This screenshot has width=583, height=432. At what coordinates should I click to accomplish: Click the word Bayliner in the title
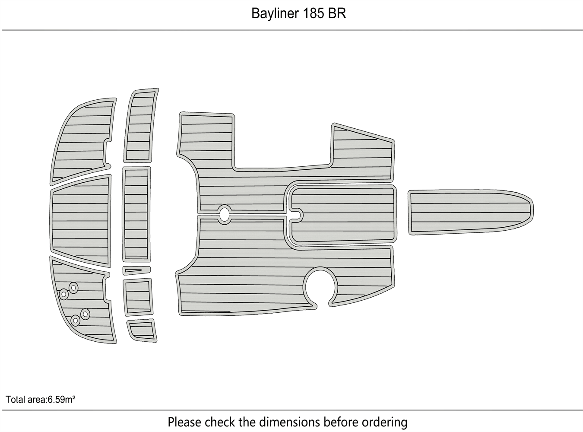(273, 14)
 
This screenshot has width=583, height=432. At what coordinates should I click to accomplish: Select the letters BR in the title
(337, 14)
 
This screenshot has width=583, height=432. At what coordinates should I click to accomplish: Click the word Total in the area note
(16, 400)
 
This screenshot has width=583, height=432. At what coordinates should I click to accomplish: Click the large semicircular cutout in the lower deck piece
(320, 285)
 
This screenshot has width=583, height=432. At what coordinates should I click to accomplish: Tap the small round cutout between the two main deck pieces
(224, 213)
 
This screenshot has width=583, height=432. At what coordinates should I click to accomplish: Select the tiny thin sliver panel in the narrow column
(136, 271)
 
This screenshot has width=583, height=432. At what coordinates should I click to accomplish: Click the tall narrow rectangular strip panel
(136, 214)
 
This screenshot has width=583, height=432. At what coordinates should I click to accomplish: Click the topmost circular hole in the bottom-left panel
(73, 287)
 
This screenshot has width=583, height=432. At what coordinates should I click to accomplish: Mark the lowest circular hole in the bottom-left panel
(76, 321)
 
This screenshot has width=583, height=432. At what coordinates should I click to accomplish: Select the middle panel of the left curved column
(81, 220)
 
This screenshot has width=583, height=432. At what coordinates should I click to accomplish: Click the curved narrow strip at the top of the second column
(141, 125)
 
